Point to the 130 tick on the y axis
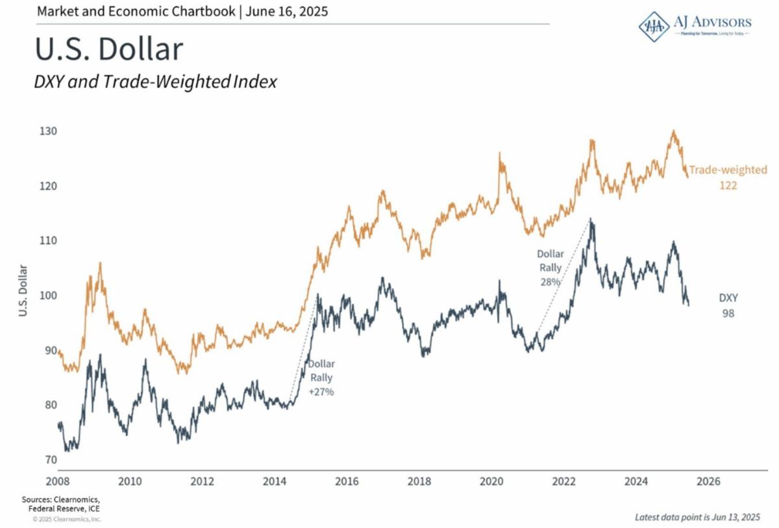coord(49,131)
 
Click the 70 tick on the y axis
coord(50,460)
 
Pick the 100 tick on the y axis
coord(49,295)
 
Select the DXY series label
coord(728,298)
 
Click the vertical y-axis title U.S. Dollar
coord(23,290)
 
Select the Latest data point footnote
coord(697,517)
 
